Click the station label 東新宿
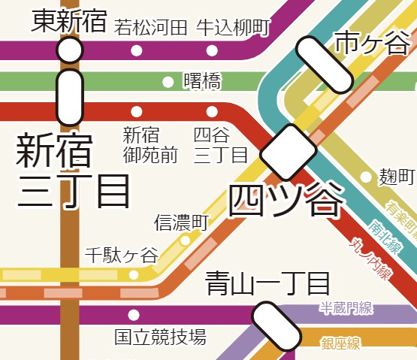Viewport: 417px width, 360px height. tap(70, 21)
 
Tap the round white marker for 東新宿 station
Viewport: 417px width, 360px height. tap(70, 51)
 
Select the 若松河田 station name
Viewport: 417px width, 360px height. tap(150, 28)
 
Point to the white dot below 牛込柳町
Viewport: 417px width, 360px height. tap(213, 51)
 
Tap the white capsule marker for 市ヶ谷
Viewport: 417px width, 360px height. tap(323, 65)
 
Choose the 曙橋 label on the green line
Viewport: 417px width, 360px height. tap(202, 81)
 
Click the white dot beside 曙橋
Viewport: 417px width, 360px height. tap(168, 81)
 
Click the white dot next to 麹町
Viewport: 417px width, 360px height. tap(366, 177)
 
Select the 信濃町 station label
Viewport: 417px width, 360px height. tap(180, 222)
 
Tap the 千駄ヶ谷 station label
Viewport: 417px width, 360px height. tap(122, 255)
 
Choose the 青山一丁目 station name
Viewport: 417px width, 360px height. tap(267, 283)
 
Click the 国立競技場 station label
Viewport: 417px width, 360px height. tap(159, 337)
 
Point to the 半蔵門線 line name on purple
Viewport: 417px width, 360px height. tap(346, 308)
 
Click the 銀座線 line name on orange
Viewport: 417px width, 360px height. tap(340, 344)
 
